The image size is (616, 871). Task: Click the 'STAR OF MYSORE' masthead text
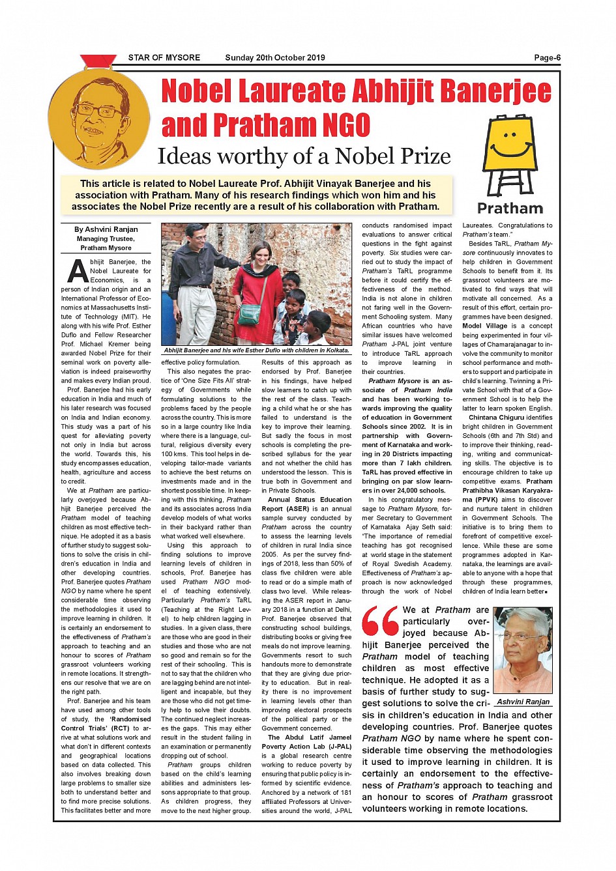(164, 58)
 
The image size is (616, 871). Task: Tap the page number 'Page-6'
(547, 58)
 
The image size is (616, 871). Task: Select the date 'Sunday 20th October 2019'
(274, 58)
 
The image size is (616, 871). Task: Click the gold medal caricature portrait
(98, 120)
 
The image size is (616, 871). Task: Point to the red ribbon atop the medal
(98, 61)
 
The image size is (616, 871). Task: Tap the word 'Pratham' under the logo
(510, 208)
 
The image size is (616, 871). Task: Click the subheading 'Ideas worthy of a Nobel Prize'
(304, 156)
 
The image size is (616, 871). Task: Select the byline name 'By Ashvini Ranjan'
(106, 229)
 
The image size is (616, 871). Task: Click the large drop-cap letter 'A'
(78, 272)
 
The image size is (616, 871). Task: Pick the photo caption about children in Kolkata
(256, 350)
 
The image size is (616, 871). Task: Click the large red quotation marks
(381, 621)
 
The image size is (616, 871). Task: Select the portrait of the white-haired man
(523, 650)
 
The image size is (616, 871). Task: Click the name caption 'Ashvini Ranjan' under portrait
(523, 702)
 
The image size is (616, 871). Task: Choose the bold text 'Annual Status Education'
(310, 500)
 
